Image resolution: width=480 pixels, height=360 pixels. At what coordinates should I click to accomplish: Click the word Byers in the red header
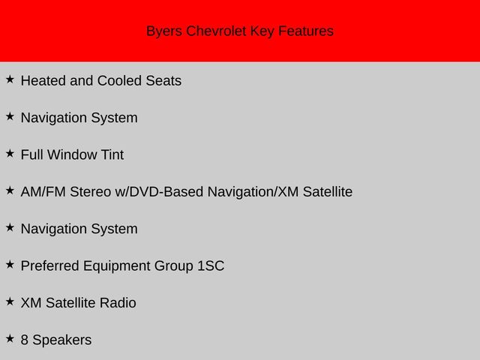point(164,31)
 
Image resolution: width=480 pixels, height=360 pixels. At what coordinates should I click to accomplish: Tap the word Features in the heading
point(306,31)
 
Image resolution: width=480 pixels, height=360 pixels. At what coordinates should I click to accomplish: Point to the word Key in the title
point(262,31)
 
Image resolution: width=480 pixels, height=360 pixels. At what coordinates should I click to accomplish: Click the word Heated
point(43,81)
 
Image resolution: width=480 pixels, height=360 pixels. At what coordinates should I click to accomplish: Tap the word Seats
point(163,81)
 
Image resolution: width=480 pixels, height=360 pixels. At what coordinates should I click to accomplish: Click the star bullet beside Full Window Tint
point(10,153)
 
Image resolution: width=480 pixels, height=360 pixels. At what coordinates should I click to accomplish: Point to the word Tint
point(112,154)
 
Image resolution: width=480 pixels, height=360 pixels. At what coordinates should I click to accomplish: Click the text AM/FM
point(43,192)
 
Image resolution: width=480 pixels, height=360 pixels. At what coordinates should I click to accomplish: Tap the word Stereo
point(90,192)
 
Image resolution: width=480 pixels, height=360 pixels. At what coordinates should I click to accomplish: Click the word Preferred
point(50,265)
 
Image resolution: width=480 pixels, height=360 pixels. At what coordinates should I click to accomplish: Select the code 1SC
point(211,265)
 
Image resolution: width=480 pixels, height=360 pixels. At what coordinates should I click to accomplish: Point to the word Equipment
point(117,266)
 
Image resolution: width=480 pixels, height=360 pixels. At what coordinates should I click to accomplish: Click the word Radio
point(118,303)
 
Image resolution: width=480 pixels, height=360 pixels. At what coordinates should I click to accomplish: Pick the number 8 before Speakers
point(25,340)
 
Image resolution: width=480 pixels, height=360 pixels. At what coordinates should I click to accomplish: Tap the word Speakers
point(62,340)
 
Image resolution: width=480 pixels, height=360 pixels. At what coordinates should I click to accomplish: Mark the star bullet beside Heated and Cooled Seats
point(10,79)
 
